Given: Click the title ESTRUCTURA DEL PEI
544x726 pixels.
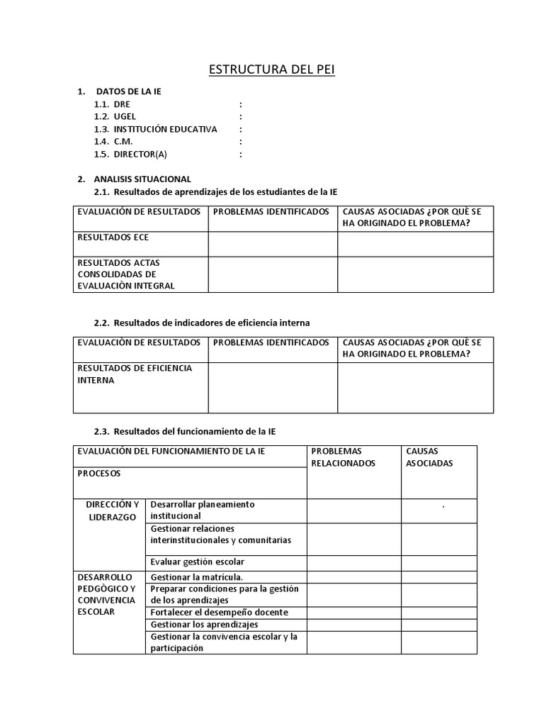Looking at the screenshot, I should click(271, 69).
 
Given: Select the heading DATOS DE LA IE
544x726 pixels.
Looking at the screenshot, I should click(128, 91).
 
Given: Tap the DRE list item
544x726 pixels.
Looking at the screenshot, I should click(122, 104).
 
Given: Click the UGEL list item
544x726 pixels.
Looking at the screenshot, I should click(125, 116).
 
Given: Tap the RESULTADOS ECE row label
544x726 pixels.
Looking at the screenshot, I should click(113, 238).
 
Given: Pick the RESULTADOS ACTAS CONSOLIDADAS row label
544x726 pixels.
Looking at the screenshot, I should click(126, 274).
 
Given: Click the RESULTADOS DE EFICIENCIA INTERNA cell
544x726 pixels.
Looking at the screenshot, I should click(135, 374).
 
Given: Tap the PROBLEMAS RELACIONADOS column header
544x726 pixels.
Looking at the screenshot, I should click(344, 457).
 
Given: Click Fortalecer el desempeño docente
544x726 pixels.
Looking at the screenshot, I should click(219, 612).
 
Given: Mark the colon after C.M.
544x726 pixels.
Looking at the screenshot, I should click(241, 142).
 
